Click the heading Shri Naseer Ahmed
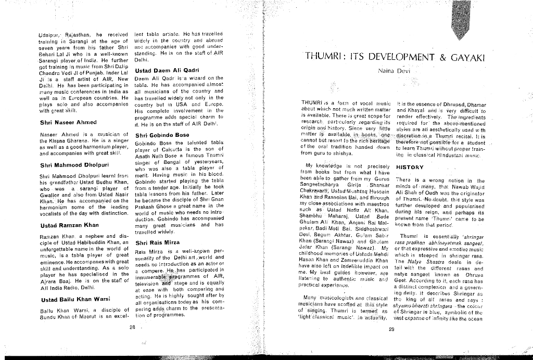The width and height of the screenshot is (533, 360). (x=69, y=123)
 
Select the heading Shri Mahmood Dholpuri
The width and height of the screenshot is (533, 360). (x=74, y=165)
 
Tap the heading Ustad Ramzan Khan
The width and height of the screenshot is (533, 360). (x=69, y=225)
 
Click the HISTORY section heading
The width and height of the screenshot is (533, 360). (x=411, y=168)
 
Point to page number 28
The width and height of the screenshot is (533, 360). (x=132, y=327)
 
